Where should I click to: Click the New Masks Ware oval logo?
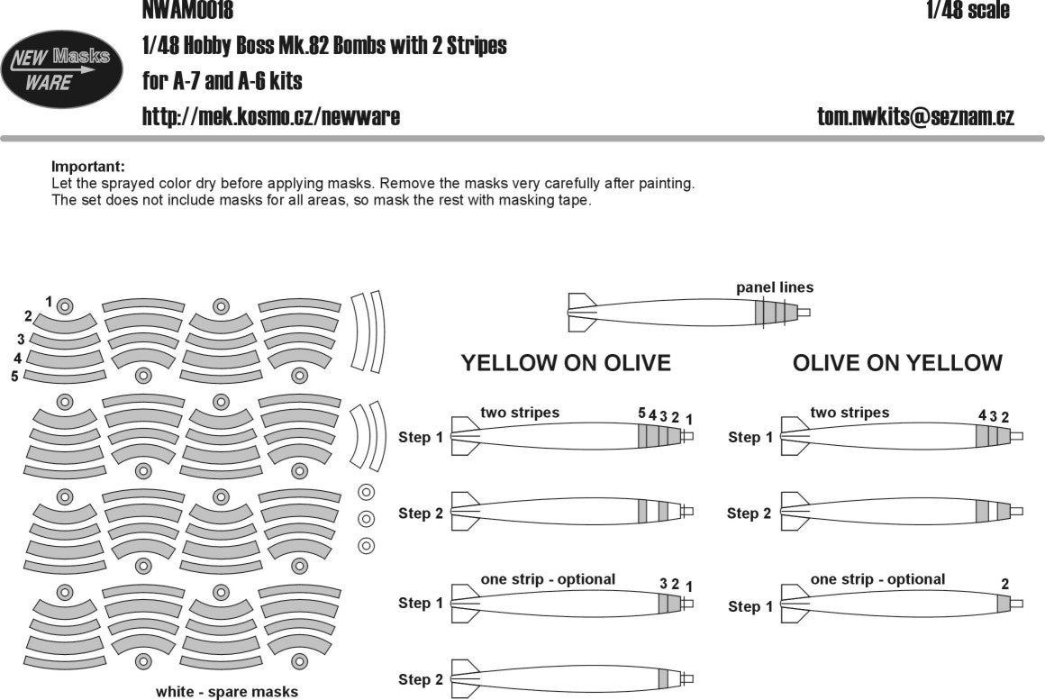click(61, 68)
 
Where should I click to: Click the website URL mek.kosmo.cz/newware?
click(271, 117)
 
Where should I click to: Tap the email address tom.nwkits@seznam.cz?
click(915, 117)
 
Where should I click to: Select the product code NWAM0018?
click(187, 11)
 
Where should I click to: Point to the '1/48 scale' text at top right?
click(967, 11)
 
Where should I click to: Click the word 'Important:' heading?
click(88, 167)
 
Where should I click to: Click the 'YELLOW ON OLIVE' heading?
click(566, 363)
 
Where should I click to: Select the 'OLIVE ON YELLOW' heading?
click(897, 363)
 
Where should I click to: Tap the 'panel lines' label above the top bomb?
click(774, 287)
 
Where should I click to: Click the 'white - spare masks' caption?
click(227, 692)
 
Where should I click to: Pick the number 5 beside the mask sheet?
click(15, 376)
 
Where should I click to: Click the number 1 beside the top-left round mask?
click(49, 301)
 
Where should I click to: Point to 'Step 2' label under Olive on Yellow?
click(749, 514)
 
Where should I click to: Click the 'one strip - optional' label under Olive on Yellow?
click(877, 579)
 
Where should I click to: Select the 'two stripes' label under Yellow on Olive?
click(520, 413)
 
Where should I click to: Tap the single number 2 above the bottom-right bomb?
click(1004, 584)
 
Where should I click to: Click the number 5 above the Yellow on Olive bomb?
click(641, 414)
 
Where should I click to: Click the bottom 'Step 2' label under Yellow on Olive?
click(421, 679)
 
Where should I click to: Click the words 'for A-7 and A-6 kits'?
click(223, 81)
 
